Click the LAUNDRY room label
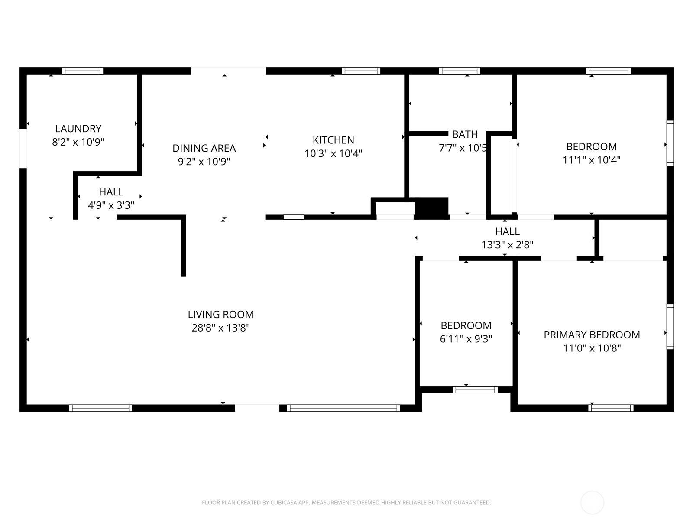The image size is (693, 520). [x=78, y=129]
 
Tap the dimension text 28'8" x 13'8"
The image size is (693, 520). [x=221, y=328]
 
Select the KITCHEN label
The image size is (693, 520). [x=334, y=140]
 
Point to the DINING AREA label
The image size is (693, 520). [x=204, y=148]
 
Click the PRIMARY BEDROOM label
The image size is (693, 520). [x=592, y=335]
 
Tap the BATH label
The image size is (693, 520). [x=465, y=134]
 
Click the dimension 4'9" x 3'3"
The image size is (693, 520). [x=111, y=205]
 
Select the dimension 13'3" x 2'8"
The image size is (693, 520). [x=507, y=245]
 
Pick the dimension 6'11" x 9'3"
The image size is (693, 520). [x=466, y=339]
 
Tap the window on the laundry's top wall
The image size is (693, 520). [x=82, y=71]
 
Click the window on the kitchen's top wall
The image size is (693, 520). [x=361, y=71]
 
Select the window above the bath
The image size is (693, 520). [x=460, y=71]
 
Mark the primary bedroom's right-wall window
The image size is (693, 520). [x=670, y=327]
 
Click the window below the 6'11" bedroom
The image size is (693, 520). [x=475, y=390]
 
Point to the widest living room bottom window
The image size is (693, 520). [x=343, y=408]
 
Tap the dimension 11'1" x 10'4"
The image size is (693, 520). [x=592, y=160]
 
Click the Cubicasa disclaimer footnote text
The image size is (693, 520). [x=346, y=503]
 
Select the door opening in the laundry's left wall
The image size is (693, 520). [x=23, y=148]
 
